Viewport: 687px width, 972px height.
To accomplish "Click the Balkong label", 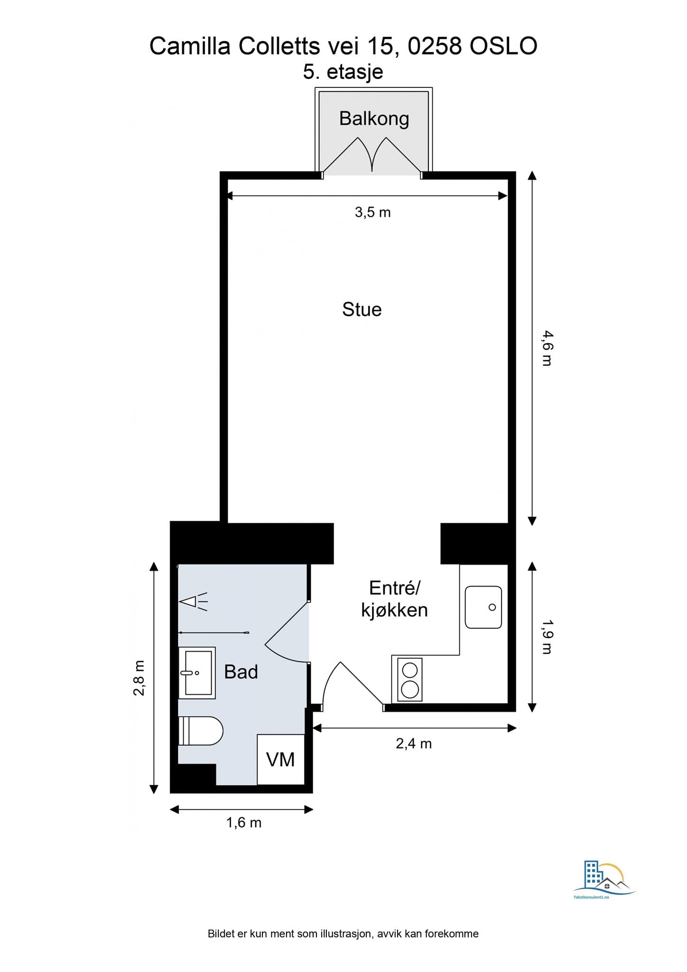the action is (374, 119).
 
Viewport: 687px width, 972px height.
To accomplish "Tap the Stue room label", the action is (362, 309).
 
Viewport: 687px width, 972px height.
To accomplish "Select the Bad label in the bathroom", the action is (241, 672).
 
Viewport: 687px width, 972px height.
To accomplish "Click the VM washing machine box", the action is (280, 759).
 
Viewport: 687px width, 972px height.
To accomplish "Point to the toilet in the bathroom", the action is (200, 731).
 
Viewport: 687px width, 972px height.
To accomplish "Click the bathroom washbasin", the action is (197, 673).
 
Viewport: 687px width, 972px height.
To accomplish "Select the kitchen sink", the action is (483, 607).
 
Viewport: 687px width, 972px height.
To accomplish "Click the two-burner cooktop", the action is (410, 679).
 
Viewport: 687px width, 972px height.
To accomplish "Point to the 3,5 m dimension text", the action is (373, 212).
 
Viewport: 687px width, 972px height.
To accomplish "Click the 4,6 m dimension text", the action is (547, 348).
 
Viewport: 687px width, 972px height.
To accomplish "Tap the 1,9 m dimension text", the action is (547, 637).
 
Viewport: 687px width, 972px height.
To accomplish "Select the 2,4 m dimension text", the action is (414, 743).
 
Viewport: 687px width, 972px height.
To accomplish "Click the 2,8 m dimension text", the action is (139, 678).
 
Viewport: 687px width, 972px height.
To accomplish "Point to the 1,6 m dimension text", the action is (244, 822).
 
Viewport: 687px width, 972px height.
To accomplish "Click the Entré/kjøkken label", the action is (394, 599).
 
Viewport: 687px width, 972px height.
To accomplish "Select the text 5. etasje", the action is (343, 72).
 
